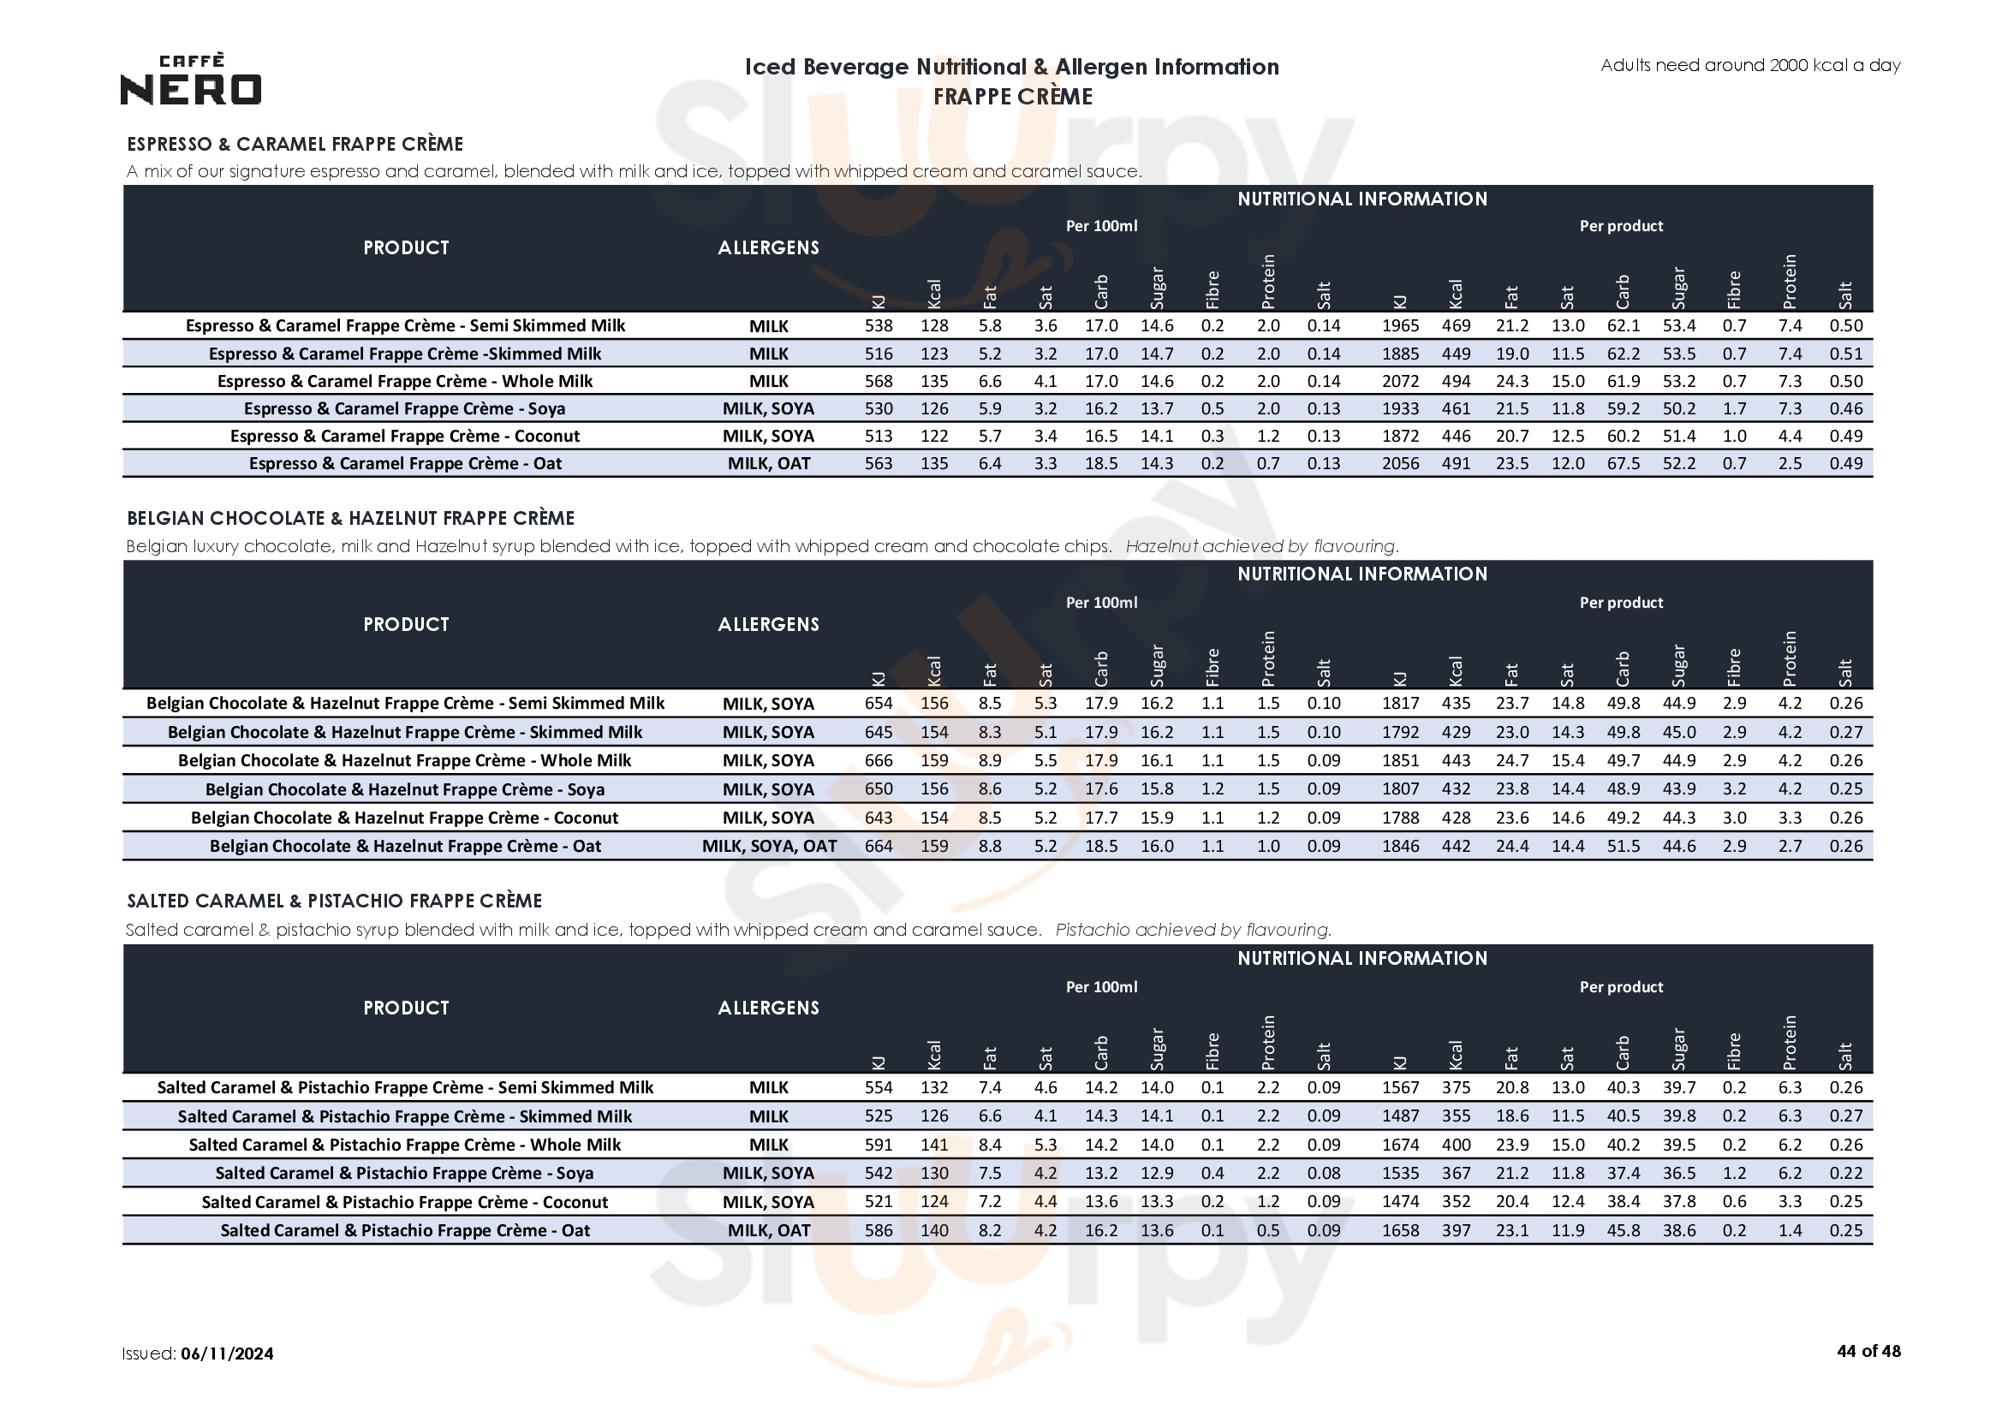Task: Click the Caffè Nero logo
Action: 190,80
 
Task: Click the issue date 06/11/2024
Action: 227,1354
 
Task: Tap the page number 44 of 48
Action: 1868,1351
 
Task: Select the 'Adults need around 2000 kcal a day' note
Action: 1750,65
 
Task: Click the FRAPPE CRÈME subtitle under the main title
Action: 1012,97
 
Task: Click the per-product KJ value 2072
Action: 1399,381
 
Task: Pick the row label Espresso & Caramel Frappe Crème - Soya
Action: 404,408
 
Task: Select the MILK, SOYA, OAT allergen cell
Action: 768,846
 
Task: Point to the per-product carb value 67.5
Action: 1623,463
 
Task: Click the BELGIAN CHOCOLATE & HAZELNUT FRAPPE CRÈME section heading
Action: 350,518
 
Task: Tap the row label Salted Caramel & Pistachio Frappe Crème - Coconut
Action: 404,1201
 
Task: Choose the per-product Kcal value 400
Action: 1456,1144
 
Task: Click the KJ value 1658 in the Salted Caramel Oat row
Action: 1399,1230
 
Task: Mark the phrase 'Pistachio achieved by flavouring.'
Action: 1193,930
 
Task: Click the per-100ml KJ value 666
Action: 878,760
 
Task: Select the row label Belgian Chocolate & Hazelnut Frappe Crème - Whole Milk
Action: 404,760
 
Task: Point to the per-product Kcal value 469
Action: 1456,325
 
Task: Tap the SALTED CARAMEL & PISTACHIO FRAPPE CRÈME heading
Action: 335,901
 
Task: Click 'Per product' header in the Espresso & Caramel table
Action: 1621,226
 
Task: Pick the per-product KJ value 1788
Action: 1399,818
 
